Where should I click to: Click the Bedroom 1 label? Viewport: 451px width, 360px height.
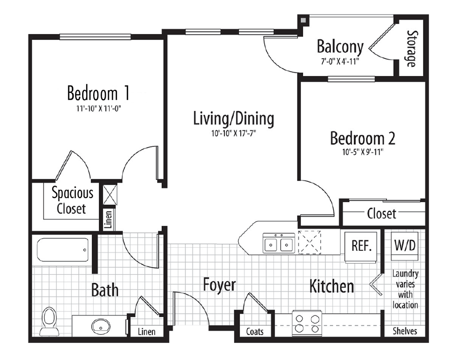99,93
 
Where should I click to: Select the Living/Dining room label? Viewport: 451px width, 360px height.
234,119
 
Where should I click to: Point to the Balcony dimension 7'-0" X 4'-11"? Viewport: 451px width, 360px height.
340,61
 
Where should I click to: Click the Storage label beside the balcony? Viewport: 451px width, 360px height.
411,49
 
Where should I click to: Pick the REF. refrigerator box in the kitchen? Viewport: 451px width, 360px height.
361,246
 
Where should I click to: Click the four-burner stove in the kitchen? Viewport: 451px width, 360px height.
307,323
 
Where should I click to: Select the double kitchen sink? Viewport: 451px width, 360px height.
279,244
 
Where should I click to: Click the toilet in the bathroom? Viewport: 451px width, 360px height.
49,319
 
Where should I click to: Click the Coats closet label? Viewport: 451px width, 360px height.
255,332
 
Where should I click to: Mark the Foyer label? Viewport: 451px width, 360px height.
219,285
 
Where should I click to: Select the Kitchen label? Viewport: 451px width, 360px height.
332,286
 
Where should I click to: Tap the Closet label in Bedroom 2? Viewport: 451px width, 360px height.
381,214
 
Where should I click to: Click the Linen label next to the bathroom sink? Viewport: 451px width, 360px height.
146,332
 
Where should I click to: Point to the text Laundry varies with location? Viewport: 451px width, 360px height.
405,289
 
